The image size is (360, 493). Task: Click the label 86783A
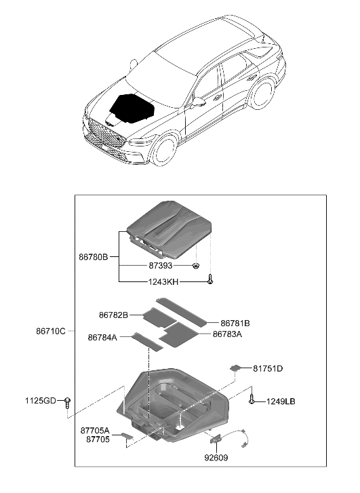227,334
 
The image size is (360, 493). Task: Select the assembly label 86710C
51,331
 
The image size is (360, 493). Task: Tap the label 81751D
268,368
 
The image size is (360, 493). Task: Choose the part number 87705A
95,430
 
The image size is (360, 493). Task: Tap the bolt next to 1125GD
68,401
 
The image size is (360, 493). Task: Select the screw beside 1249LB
252,399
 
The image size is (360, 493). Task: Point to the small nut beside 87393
195,266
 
